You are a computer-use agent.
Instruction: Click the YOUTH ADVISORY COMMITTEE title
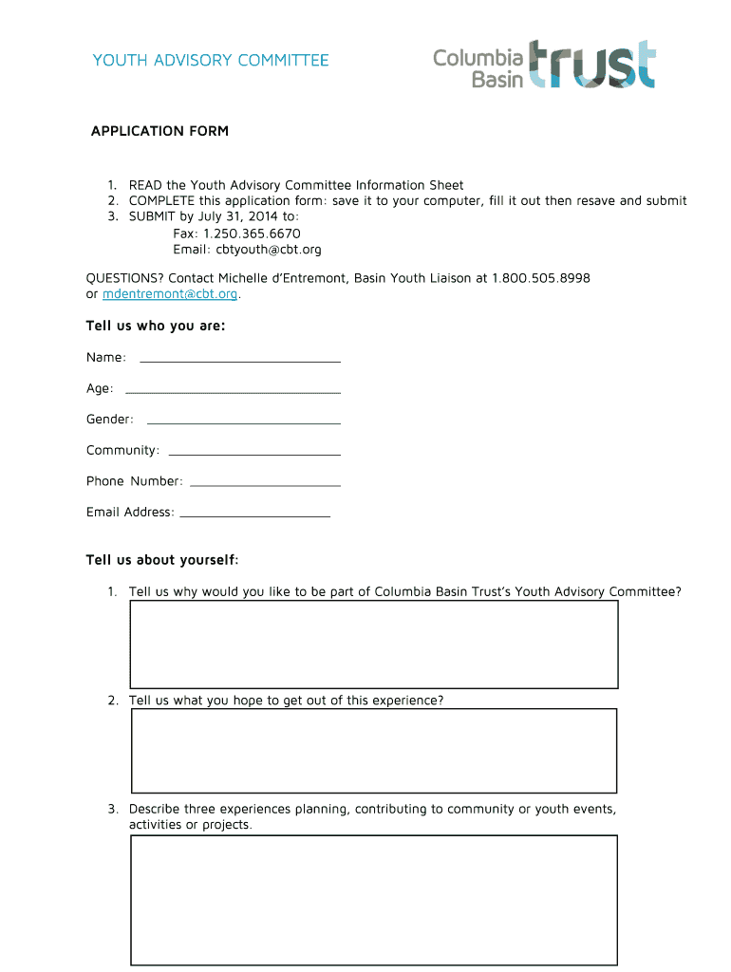pos(211,61)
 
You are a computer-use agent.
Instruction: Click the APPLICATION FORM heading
pos(159,131)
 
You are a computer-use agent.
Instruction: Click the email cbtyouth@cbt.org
pos(269,250)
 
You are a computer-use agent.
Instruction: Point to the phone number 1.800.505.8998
pos(541,278)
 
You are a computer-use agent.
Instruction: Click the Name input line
pos(240,359)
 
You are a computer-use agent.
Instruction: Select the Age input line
pos(233,390)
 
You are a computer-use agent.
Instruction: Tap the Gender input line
pos(243,421)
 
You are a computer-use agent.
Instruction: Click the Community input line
pos(253,452)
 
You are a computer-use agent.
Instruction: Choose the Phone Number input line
pos(265,483)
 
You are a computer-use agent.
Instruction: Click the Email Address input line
pos(254,514)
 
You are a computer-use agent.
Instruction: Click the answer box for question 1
pos(373,645)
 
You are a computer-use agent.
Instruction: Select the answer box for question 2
pos(373,750)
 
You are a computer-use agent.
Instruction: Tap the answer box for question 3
pos(373,900)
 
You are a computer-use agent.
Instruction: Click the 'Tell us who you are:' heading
pos(156,327)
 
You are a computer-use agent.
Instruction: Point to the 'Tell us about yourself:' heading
pos(162,560)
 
